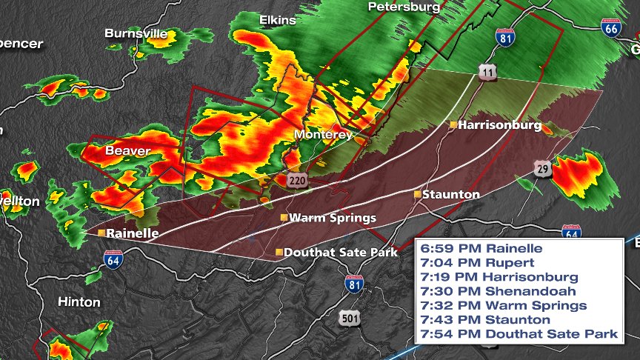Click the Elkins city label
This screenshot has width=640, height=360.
pos(277,21)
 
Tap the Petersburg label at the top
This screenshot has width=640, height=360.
pos(404,7)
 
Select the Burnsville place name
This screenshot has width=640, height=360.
pos(137,33)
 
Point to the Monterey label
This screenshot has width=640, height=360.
pos(323,135)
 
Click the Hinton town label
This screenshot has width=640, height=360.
pos(79,302)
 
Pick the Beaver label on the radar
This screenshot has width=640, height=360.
pos(127,151)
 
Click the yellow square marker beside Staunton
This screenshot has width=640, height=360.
pos(418,194)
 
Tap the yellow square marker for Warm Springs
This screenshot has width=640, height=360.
pos(283,218)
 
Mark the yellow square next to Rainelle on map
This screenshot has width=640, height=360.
pos(101,233)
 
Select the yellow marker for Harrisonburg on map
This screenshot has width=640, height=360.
pos(453,125)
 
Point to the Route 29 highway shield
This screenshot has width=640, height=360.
pos(543,167)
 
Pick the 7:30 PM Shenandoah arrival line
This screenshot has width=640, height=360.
pos(492,290)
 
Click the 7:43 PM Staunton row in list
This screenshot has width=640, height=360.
pos(485,319)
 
